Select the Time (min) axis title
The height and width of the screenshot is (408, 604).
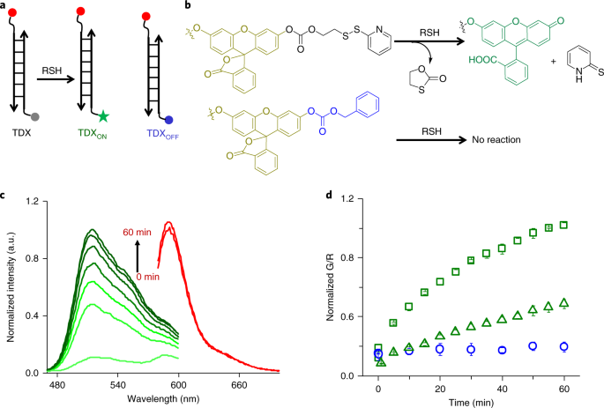(x=469, y=400)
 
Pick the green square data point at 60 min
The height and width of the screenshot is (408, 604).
(x=563, y=225)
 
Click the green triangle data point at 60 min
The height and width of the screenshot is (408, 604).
(x=563, y=303)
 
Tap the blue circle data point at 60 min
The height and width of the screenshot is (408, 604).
(x=563, y=346)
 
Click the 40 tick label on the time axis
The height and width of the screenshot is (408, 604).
(x=502, y=387)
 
